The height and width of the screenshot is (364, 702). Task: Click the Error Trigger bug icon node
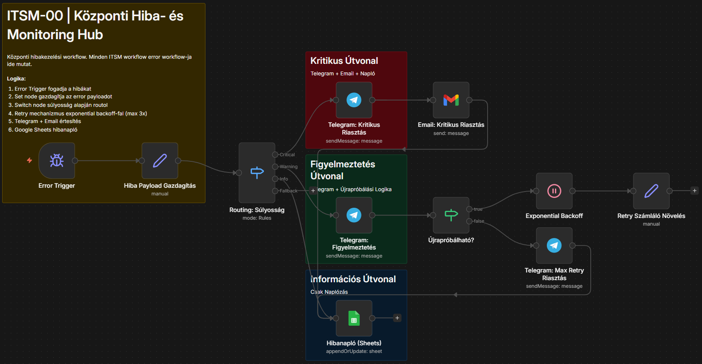tap(57, 161)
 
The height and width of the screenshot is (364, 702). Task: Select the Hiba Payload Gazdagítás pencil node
tap(160, 161)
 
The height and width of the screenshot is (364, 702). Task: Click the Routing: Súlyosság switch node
tap(257, 172)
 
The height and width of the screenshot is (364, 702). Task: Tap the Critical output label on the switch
tap(287, 155)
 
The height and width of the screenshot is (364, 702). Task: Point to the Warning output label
tap(289, 166)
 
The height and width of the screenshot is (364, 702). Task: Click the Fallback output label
tap(289, 191)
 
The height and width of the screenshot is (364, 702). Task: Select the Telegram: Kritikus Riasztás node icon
tap(354, 100)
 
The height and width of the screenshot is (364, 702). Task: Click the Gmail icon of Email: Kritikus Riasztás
tap(451, 100)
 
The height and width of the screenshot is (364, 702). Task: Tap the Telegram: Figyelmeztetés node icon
tap(354, 215)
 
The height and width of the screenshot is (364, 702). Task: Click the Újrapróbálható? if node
tap(451, 215)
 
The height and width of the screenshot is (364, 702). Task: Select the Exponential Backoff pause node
tap(554, 191)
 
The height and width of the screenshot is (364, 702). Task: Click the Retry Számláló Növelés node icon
tap(651, 191)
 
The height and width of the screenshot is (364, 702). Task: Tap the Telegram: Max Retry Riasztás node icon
tap(554, 245)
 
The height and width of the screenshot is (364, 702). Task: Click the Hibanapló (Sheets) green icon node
tap(354, 318)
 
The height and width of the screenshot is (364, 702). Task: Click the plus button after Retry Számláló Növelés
tap(694, 191)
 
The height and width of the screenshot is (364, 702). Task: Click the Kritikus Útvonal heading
tap(344, 60)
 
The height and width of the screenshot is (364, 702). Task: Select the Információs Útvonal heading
tap(353, 279)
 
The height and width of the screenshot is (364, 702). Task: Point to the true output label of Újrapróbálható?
tap(478, 209)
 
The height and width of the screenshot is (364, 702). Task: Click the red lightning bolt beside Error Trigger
tap(29, 161)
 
